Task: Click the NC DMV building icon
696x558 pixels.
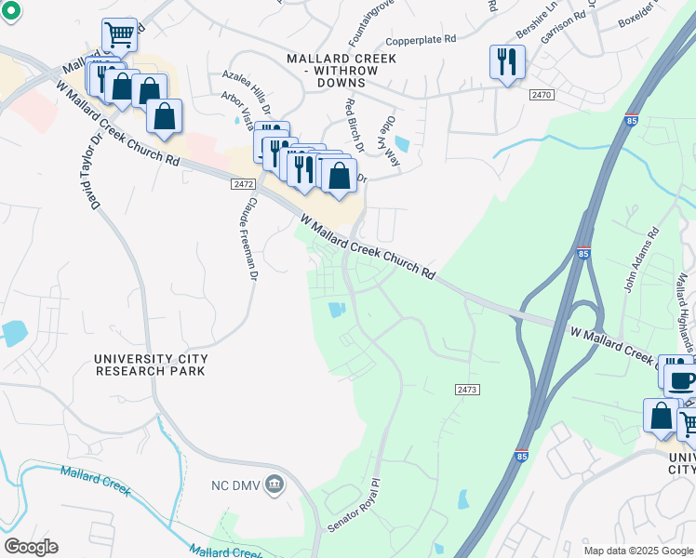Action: (x=274, y=483)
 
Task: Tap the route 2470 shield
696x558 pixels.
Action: (x=542, y=95)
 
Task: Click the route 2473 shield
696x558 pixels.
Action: (x=467, y=388)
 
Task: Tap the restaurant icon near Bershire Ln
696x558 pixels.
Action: (x=507, y=62)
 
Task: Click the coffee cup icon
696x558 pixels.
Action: (x=681, y=380)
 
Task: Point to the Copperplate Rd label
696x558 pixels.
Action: (x=422, y=40)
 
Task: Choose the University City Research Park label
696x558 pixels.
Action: (x=151, y=364)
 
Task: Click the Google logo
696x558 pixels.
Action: (x=31, y=547)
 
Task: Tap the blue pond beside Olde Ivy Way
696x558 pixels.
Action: (x=402, y=144)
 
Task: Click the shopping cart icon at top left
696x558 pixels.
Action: (x=119, y=35)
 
